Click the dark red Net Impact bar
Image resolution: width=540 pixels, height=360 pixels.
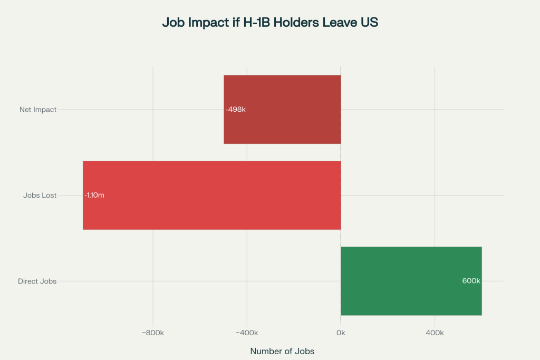tap(282, 109)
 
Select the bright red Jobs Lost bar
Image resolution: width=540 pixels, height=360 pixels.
tap(211, 195)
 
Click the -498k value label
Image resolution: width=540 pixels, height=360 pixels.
tap(236, 110)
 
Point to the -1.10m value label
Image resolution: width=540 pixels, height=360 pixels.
tap(94, 196)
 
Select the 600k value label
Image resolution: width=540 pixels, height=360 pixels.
tap(471, 281)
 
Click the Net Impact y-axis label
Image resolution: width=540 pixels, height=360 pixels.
tap(38, 110)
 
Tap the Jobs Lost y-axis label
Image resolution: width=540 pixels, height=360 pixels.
tap(40, 196)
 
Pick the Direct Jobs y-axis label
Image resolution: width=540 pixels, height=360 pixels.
tap(37, 281)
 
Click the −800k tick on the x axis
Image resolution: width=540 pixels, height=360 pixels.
tap(153, 333)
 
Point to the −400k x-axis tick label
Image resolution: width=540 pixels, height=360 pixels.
tap(247, 333)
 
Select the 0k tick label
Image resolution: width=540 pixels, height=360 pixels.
tap(341, 333)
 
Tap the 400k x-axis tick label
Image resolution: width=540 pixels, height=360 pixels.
tap(435, 333)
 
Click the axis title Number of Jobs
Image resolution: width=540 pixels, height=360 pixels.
tap(282, 351)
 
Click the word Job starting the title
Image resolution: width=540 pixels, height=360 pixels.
tap(172, 23)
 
